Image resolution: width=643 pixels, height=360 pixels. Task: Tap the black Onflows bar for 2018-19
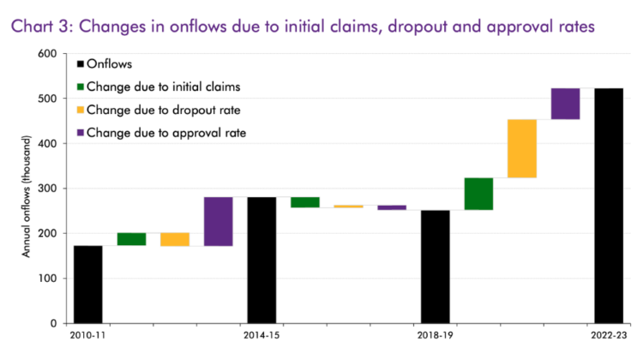pos(436,267)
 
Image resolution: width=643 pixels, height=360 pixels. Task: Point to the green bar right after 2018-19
pos(478,194)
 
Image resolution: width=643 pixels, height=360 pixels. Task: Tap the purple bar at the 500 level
pos(565,104)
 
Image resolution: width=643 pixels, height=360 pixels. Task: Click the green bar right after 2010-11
pos(131,239)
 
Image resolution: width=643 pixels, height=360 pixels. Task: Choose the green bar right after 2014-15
pos(305,202)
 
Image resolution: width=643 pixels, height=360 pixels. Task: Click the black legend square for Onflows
pos(81,63)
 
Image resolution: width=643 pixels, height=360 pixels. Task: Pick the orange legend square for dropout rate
pos(81,109)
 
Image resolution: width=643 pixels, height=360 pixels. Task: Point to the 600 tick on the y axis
pos(47,54)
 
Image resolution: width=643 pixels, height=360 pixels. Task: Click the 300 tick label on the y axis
pos(47,189)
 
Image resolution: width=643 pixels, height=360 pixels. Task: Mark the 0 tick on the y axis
pos(52,323)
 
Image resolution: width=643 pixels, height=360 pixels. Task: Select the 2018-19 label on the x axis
pos(436,336)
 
